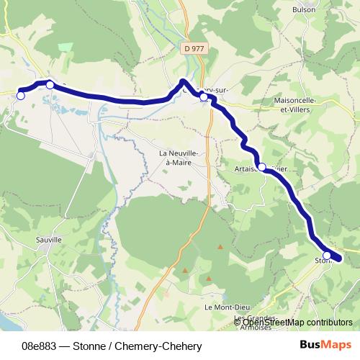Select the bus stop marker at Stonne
click(327, 256)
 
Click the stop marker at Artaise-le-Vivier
click(262, 167)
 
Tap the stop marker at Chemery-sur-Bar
click(204, 96)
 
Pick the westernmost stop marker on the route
click(21, 95)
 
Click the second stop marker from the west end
click(50, 85)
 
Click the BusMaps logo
click(325, 345)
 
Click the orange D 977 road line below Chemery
click(208, 144)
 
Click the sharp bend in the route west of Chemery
click(184, 81)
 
